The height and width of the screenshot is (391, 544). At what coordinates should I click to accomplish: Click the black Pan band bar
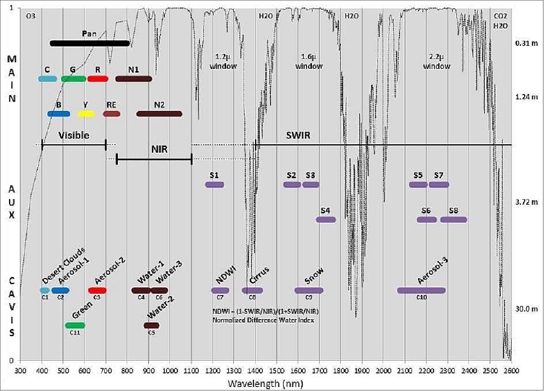(90, 43)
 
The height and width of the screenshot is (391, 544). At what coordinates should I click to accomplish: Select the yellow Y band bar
(86, 114)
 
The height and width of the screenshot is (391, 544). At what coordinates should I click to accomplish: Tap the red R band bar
(98, 79)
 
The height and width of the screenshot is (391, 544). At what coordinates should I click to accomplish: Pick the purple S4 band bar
(326, 220)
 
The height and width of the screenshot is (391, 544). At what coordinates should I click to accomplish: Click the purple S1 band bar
(214, 184)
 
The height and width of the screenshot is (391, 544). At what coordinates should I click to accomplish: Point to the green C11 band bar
(75, 326)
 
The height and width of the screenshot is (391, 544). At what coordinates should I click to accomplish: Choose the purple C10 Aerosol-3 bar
(421, 290)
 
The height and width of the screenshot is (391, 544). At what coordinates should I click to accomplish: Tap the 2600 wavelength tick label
(511, 371)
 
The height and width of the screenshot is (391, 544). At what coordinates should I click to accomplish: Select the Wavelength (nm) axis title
(265, 383)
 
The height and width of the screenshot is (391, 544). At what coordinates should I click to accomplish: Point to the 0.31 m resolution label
(527, 43)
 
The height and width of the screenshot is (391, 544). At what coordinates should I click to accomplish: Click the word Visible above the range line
(74, 135)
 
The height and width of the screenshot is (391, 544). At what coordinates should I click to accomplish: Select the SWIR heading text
(298, 135)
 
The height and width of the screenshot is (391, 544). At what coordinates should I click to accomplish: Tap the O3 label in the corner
(31, 16)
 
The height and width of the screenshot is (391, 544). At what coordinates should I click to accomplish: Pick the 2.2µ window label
(436, 61)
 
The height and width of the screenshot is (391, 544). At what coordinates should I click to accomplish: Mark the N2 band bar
(159, 114)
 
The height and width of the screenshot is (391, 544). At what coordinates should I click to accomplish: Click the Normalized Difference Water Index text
(263, 320)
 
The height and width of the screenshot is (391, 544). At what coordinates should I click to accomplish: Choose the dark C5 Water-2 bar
(151, 326)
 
